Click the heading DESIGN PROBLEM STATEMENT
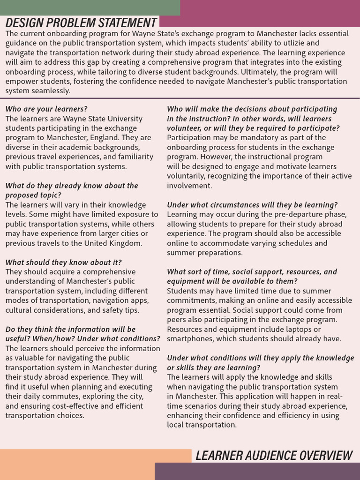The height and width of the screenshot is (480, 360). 81,22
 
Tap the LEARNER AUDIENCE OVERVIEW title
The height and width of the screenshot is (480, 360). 274,455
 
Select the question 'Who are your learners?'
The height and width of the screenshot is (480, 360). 46,109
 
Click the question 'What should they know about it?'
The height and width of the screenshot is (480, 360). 64,262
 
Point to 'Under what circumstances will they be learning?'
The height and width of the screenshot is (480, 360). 252,205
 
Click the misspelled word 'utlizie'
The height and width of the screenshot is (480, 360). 294,43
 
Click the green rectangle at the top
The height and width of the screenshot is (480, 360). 90,7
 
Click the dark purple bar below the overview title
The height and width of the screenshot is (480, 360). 257,471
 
